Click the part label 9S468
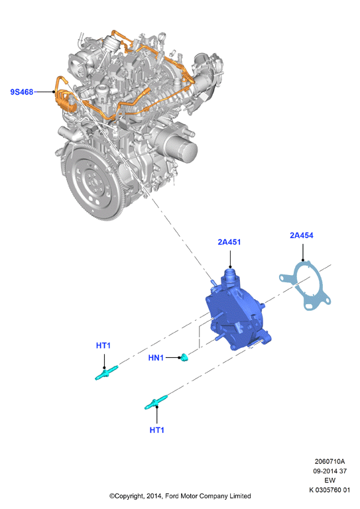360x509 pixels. click(x=22, y=92)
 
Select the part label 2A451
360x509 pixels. click(x=229, y=242)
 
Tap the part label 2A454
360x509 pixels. click(x=302, y=235)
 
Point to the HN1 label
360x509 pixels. click(x=156, y=358)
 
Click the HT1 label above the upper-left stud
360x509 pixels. click(x=103, y=345)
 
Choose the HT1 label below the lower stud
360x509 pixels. click(x=156, y=430)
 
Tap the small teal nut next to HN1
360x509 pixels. click(x=184, y=357)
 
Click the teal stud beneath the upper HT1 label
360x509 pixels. click(x=106, y=372)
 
